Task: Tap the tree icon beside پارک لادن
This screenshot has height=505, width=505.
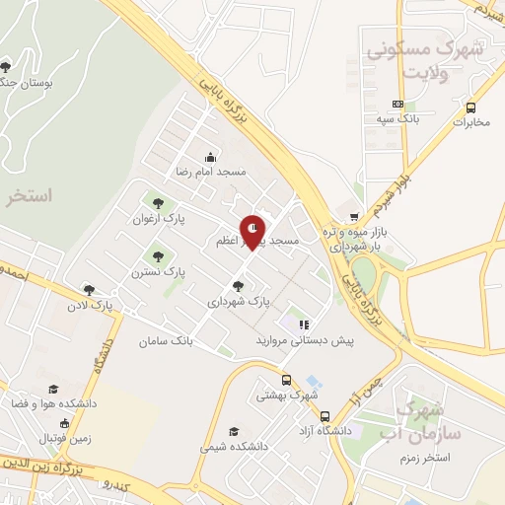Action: tap(89, 291)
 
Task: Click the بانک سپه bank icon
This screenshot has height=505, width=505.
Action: tap(397, 104)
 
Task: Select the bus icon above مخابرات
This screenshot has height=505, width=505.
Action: tap(471, 108)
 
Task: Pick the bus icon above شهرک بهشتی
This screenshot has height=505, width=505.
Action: tap(286, 380)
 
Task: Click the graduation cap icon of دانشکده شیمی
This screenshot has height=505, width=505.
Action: tap(234, 431)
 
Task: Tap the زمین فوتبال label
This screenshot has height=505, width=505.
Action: tap(65, 438)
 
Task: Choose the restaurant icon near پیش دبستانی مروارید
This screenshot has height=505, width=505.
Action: tap(305, 324)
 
